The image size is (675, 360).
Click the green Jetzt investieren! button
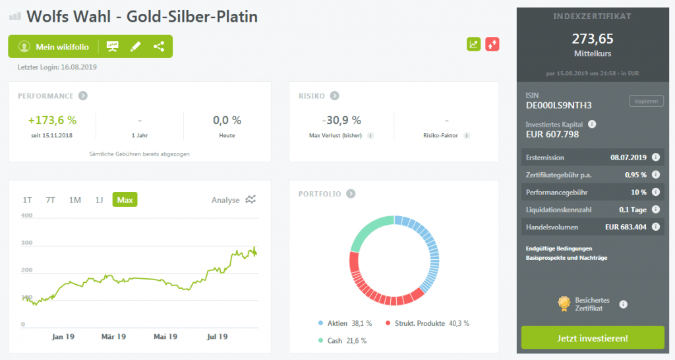(593, 338)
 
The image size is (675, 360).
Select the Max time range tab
(125, 200)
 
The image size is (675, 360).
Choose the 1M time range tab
(75, 200)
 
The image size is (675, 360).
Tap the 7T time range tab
(51, 200)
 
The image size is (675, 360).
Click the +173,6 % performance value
(52, 121)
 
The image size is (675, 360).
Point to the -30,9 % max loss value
(341, 121)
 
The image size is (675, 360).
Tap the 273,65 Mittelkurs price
(591, 39)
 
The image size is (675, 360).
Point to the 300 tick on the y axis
(27, 243)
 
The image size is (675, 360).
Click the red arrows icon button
(492, 44)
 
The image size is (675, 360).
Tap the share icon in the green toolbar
(159, 47)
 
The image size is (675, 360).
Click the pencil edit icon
(136, 47)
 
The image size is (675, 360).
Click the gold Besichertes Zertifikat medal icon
(564, 303)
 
